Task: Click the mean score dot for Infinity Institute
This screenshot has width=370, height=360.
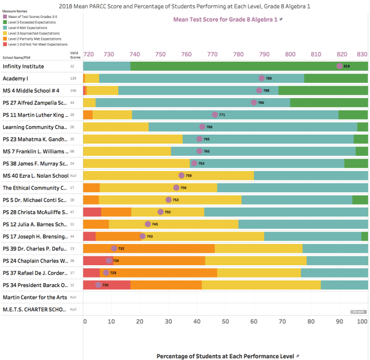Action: (x=340, y=66)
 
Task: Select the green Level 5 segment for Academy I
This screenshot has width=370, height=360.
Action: (x=336, y=79)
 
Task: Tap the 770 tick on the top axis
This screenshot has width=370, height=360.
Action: (x=212, y=54)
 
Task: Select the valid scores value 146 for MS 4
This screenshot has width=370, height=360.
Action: (x=72, y=90)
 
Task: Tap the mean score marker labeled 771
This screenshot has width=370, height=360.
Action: (x=215, y=114)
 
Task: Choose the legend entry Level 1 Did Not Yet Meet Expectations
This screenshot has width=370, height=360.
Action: (x=37, y=44)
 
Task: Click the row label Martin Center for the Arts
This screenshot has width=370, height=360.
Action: (x=35, y=297)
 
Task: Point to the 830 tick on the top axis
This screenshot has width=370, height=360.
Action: (x=362, y=54)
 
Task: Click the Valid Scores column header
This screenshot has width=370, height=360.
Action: (x=75, y=55)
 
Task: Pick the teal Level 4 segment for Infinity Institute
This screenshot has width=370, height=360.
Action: (x=107, y=66)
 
